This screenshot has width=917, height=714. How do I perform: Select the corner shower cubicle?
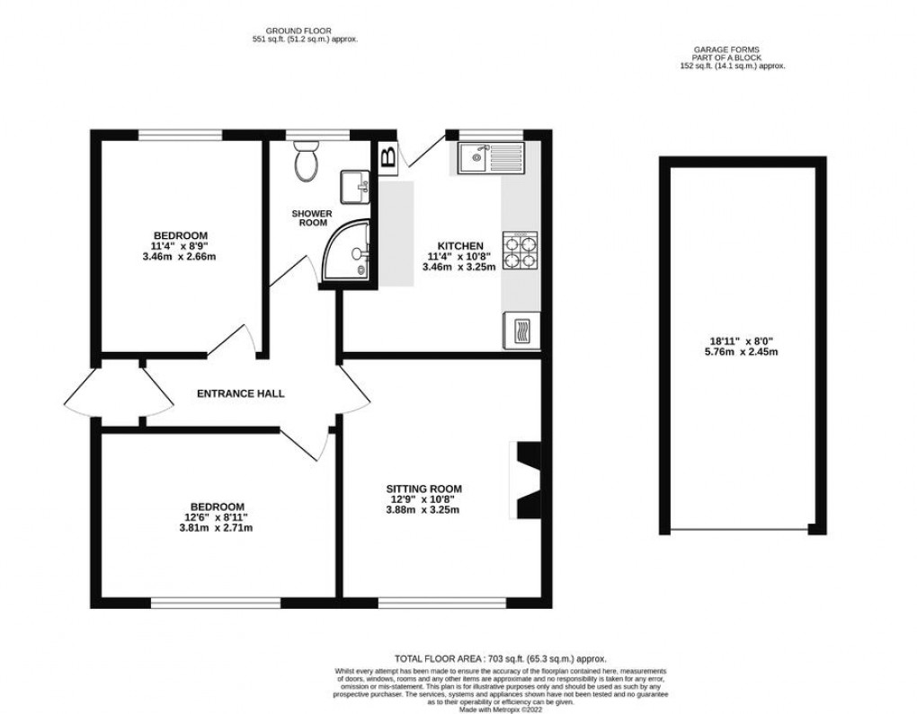click(350, 251)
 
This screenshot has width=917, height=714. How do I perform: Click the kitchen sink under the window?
click(490, 159)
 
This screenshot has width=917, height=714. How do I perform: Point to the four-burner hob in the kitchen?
click(520, 251)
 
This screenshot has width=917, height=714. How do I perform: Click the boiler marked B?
click(388, 156)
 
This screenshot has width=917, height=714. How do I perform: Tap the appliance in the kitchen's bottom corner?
click(521, 331)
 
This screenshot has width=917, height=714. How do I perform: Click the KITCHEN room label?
click(460, 246)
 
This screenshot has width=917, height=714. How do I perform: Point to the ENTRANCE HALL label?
click(240, 393)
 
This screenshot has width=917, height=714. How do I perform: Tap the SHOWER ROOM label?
click(311, 218)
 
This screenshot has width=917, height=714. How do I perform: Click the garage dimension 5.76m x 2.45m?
click(743, 352)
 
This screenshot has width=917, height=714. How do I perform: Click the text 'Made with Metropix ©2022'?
click(501, 708)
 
